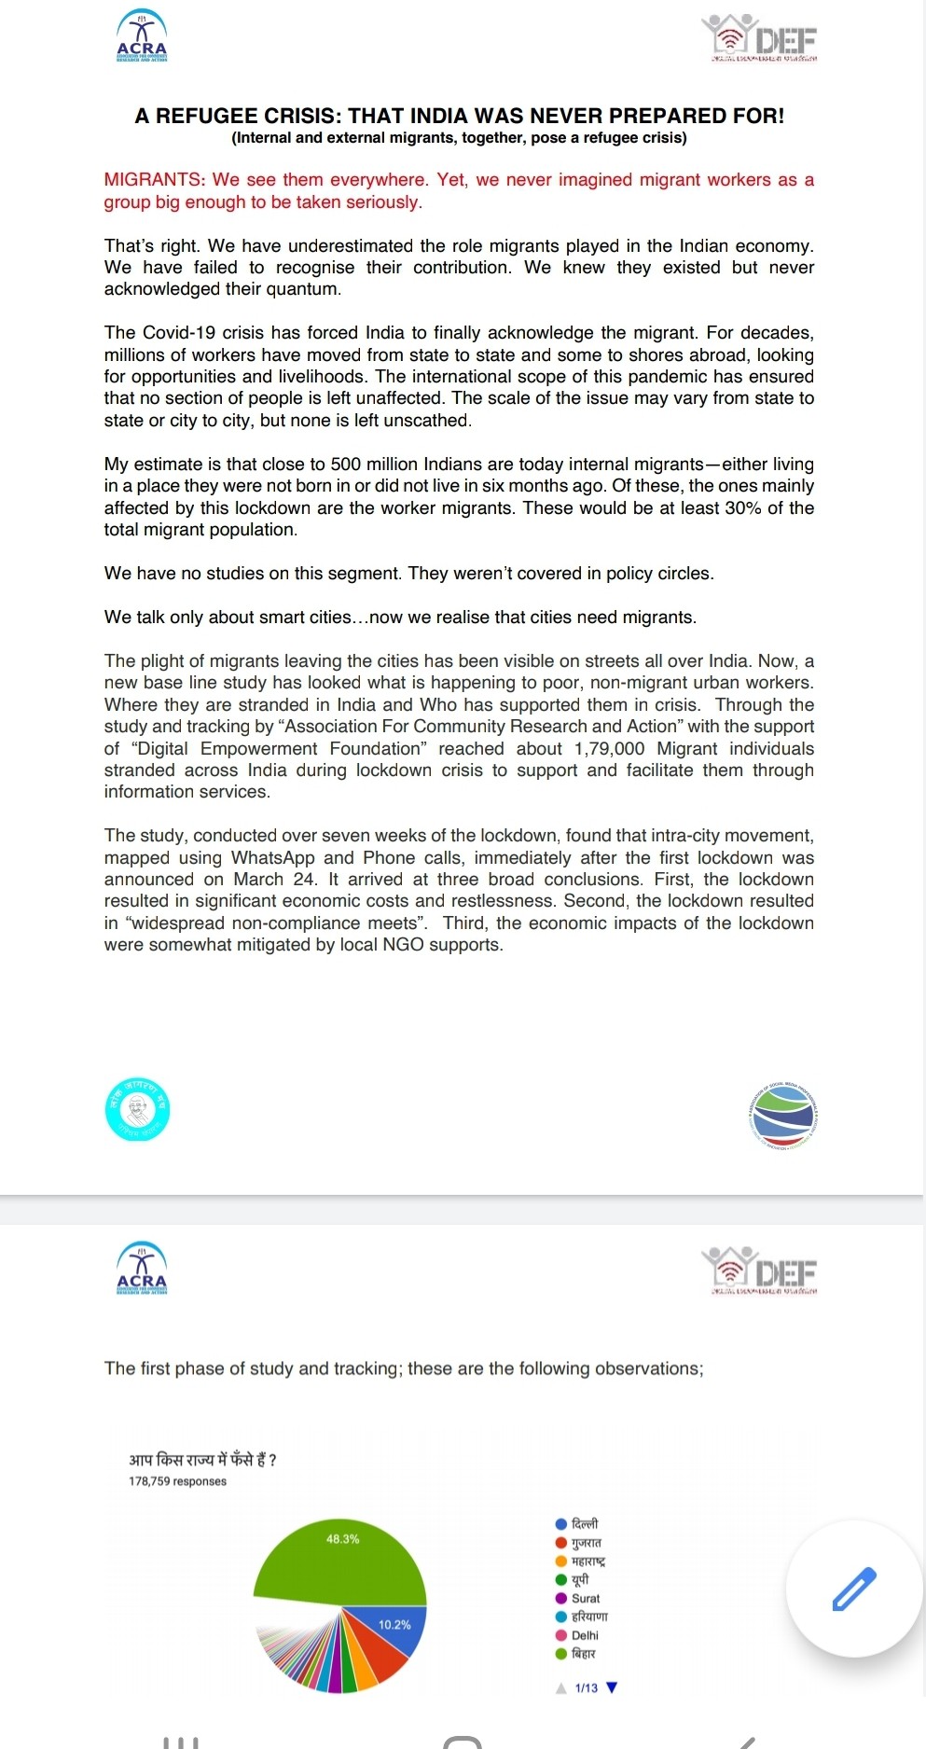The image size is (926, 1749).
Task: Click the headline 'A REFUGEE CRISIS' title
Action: (x=459, y=116)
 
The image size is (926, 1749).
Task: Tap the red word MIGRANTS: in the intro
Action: (x=154, y=180)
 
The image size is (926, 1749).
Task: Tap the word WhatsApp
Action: (x=273, y=858)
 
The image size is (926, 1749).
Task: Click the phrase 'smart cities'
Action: (x=301, y=618)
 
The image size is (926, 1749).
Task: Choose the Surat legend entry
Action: (x=585, y=1598)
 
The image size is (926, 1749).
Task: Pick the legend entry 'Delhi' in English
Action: (x=585, y=1635)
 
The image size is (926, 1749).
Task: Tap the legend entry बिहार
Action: (x=583, y=1654)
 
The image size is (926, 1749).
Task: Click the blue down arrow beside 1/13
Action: (x=612, y=1687)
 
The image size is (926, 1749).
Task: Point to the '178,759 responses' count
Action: (x=177, y=1481)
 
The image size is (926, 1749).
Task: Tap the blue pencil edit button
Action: (x=853, y=1589)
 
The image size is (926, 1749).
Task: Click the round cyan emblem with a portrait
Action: (x=137, y=1110)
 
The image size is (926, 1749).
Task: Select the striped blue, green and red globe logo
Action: (x=782, y=1116)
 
